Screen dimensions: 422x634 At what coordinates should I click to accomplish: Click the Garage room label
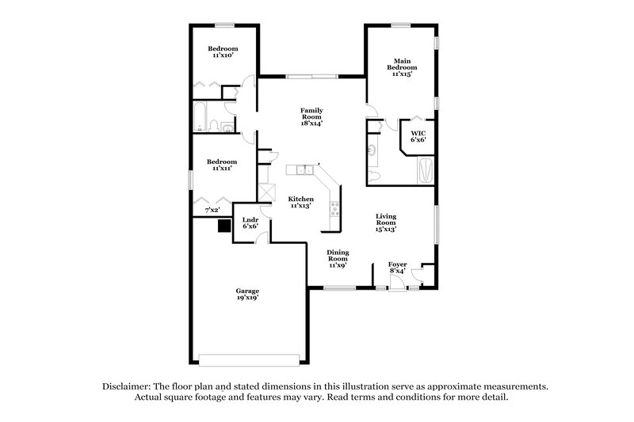click(246, 294)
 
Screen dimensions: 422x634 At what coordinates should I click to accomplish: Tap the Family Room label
click(311, 116)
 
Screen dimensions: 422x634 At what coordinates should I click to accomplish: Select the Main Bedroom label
click(402, 67)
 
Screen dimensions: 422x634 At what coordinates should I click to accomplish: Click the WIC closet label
click(418, 136)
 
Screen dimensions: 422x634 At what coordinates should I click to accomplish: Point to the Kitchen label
click(301, 202)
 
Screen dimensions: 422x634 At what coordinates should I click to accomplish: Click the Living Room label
click(386, 222)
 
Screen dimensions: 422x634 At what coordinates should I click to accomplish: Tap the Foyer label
click(397, 268)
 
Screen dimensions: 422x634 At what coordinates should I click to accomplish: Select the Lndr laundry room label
click(249, 222)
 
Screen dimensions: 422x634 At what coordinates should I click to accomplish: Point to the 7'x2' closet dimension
click(212, 210)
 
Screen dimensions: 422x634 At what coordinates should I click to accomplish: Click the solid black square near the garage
click(224, 226)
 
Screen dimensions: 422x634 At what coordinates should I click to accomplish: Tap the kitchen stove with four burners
click(334, 209)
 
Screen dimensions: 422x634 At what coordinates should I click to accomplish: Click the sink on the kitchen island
click(303, 169)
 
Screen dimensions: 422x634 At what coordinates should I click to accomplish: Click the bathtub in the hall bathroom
click(201, 118)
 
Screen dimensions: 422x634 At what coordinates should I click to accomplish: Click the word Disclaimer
click(128, 386)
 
